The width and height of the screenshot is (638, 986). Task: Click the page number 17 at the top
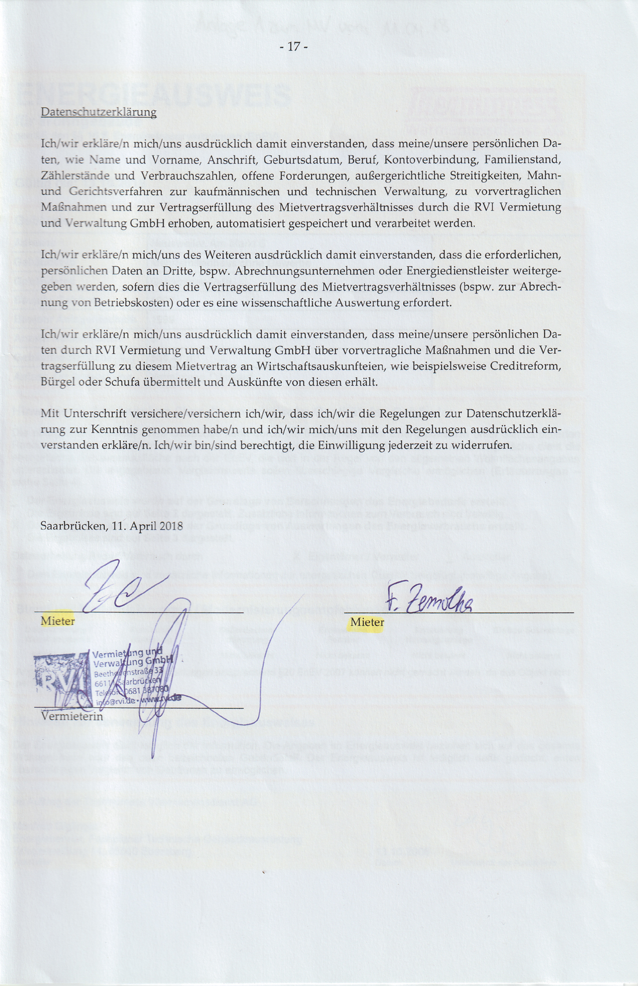[293, 46]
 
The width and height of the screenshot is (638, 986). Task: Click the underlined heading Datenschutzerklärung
[99, 112]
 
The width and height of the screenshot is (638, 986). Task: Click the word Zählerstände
[71, 175]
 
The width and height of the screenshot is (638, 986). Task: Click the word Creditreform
[525, 366]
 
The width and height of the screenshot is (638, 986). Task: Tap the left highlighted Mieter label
[58, 621]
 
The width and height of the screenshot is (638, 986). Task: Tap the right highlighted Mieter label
[367, 622]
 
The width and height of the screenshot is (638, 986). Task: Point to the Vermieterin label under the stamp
[72, 716]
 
